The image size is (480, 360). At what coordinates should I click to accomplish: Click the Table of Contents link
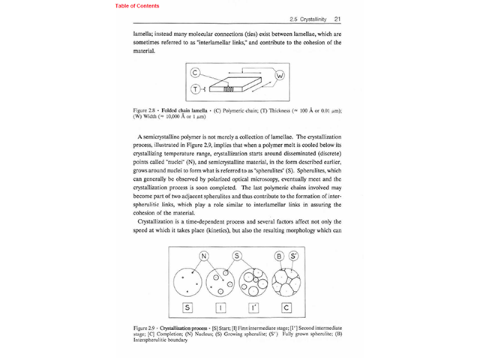tap(137, 6)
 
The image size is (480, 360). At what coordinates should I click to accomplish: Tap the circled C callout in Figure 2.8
tap(194, 73)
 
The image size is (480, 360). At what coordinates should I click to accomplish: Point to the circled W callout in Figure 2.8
tap(280, 76)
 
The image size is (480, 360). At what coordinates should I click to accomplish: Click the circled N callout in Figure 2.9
tap(203, 255)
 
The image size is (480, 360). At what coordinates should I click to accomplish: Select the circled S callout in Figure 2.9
tap(236, 255)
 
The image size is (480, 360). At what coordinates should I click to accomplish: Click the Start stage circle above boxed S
tap(187, 283)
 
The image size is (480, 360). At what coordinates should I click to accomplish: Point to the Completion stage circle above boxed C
tap(287, 283)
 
